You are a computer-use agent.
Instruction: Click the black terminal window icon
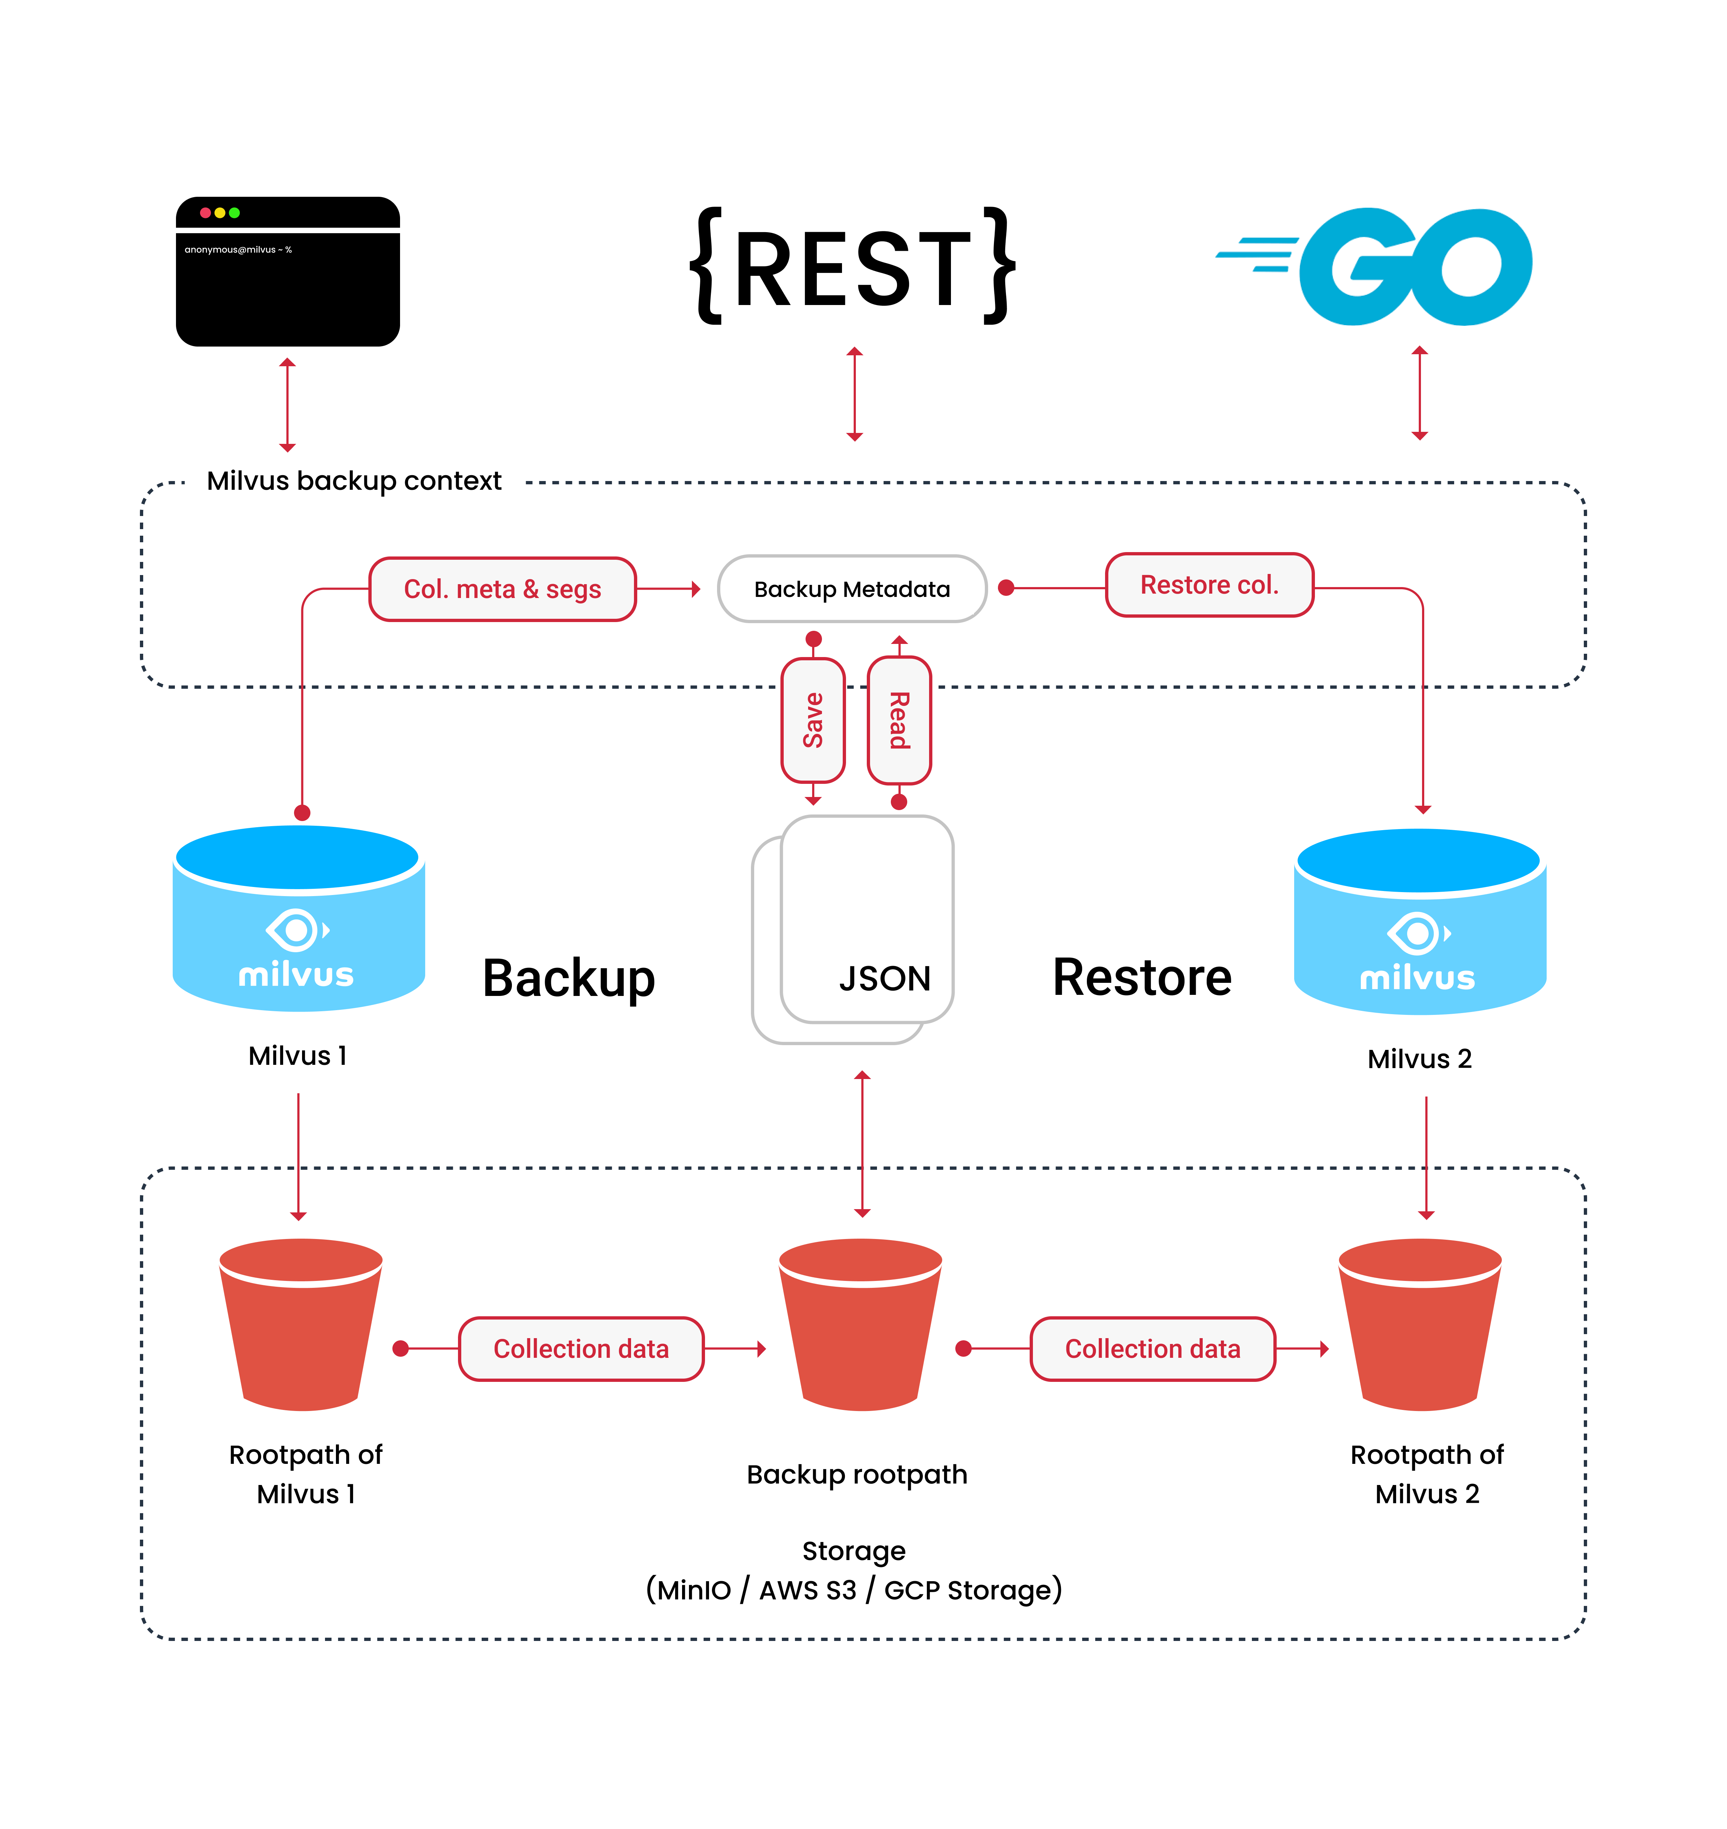tap(287, 272)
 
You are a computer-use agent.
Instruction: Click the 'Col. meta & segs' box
tap(503, 589)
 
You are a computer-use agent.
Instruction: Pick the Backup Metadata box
tap(851, 589)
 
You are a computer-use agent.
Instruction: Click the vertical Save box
tap(813, 720)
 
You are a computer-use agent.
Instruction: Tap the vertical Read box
tap(900, 720)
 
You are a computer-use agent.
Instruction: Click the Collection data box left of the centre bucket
tap(581, 1349)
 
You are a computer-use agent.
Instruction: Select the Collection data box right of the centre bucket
tap(1152, 1349)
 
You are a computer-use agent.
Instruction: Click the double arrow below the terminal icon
tap(287, 405)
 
